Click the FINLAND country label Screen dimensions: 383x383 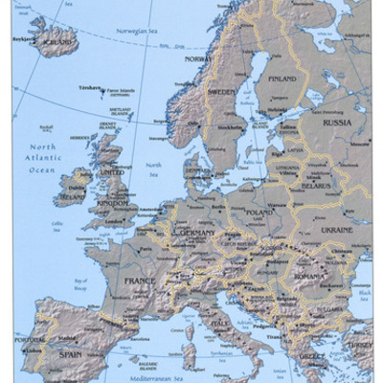[282, 79]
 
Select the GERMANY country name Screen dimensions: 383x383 [197, 233]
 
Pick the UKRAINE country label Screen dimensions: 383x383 [337, 230]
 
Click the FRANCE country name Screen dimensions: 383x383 [139, 281]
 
